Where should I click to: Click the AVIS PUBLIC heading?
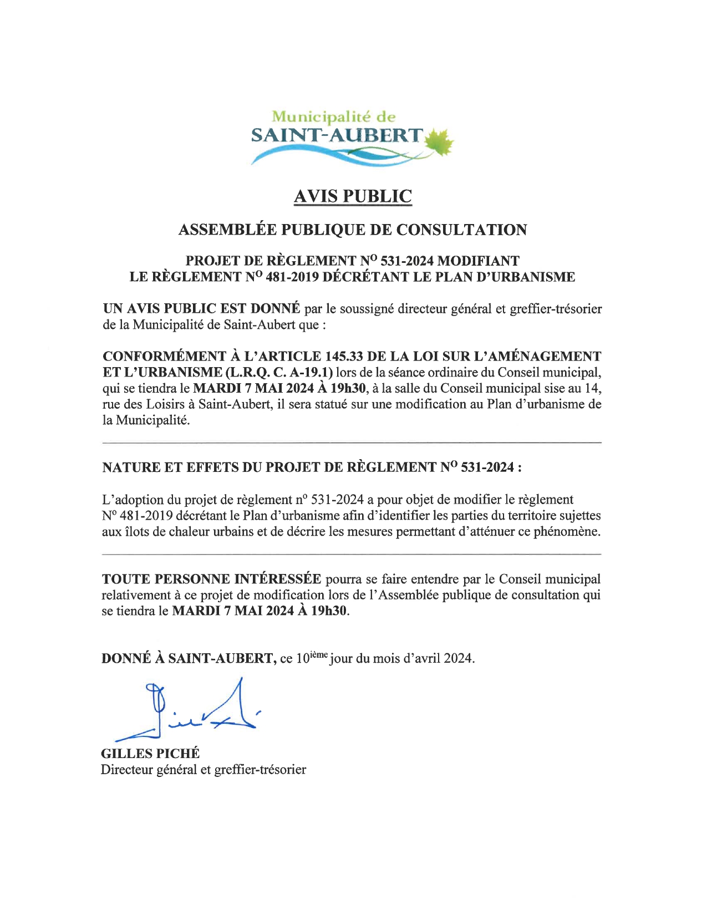click(353, 196)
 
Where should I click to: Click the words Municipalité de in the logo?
click(334, 116)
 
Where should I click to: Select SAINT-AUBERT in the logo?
click(337, 135)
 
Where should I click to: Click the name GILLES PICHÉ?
click(150, 753)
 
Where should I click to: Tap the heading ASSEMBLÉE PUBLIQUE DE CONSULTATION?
click(353, 230)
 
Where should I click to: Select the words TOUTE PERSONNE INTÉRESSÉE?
click(211, 579)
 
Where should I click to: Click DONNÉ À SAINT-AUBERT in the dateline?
click(189, 658)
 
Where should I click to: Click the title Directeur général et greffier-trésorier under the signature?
click(203, 770)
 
